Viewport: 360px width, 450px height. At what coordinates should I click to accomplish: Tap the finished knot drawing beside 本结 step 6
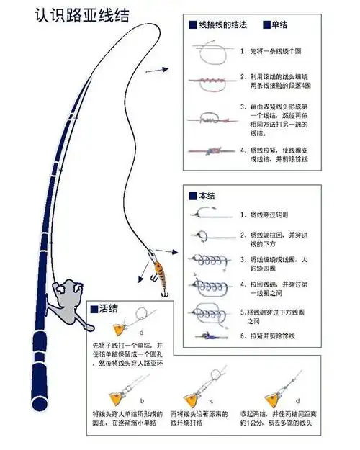(x=207, y=335)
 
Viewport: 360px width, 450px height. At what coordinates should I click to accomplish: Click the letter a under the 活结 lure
(x=141, y=333)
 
